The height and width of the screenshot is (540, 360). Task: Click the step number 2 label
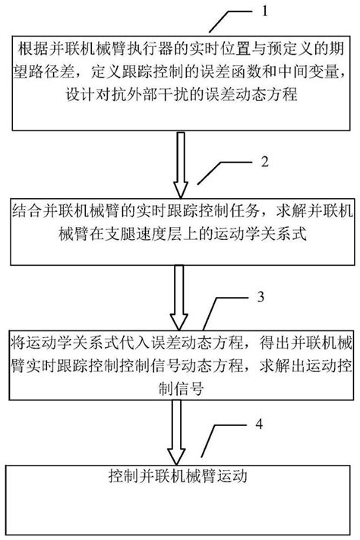(264, 162)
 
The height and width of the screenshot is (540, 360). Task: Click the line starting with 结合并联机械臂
(180, 207)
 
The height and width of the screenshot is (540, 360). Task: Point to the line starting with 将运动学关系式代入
(180, 339)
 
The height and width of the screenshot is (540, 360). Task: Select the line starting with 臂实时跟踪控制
(180, 361)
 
